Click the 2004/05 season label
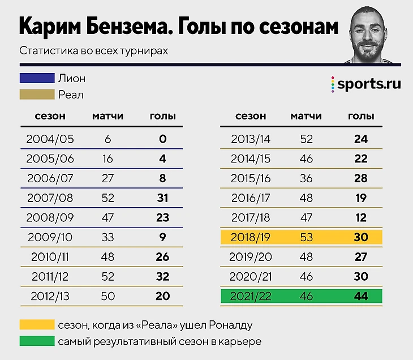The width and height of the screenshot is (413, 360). point(50,139)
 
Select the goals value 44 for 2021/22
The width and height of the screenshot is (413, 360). point(361,296)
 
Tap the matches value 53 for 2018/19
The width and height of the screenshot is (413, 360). point(306,237)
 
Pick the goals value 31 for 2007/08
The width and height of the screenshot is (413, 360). point(162,198)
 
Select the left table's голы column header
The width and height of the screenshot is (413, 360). point(162,117)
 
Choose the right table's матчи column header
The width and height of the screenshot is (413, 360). point(306,117)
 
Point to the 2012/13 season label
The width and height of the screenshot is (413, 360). point(50,297)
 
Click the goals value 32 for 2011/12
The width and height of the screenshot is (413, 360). point(162,277)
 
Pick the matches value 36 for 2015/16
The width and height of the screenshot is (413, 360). point(306,179)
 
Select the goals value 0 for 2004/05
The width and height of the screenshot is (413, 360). point(162,139)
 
